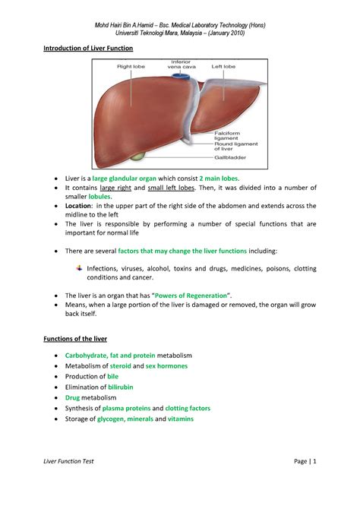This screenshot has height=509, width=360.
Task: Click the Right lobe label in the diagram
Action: pyautogui.click(x=131, y=66)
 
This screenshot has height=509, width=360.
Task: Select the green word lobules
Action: pyautogui.click(x=99, y=196)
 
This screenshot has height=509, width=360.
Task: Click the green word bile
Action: pyautogui.click(x=112, y=376)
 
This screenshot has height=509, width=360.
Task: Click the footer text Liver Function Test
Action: pyautogui.click(x=68, y=482)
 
